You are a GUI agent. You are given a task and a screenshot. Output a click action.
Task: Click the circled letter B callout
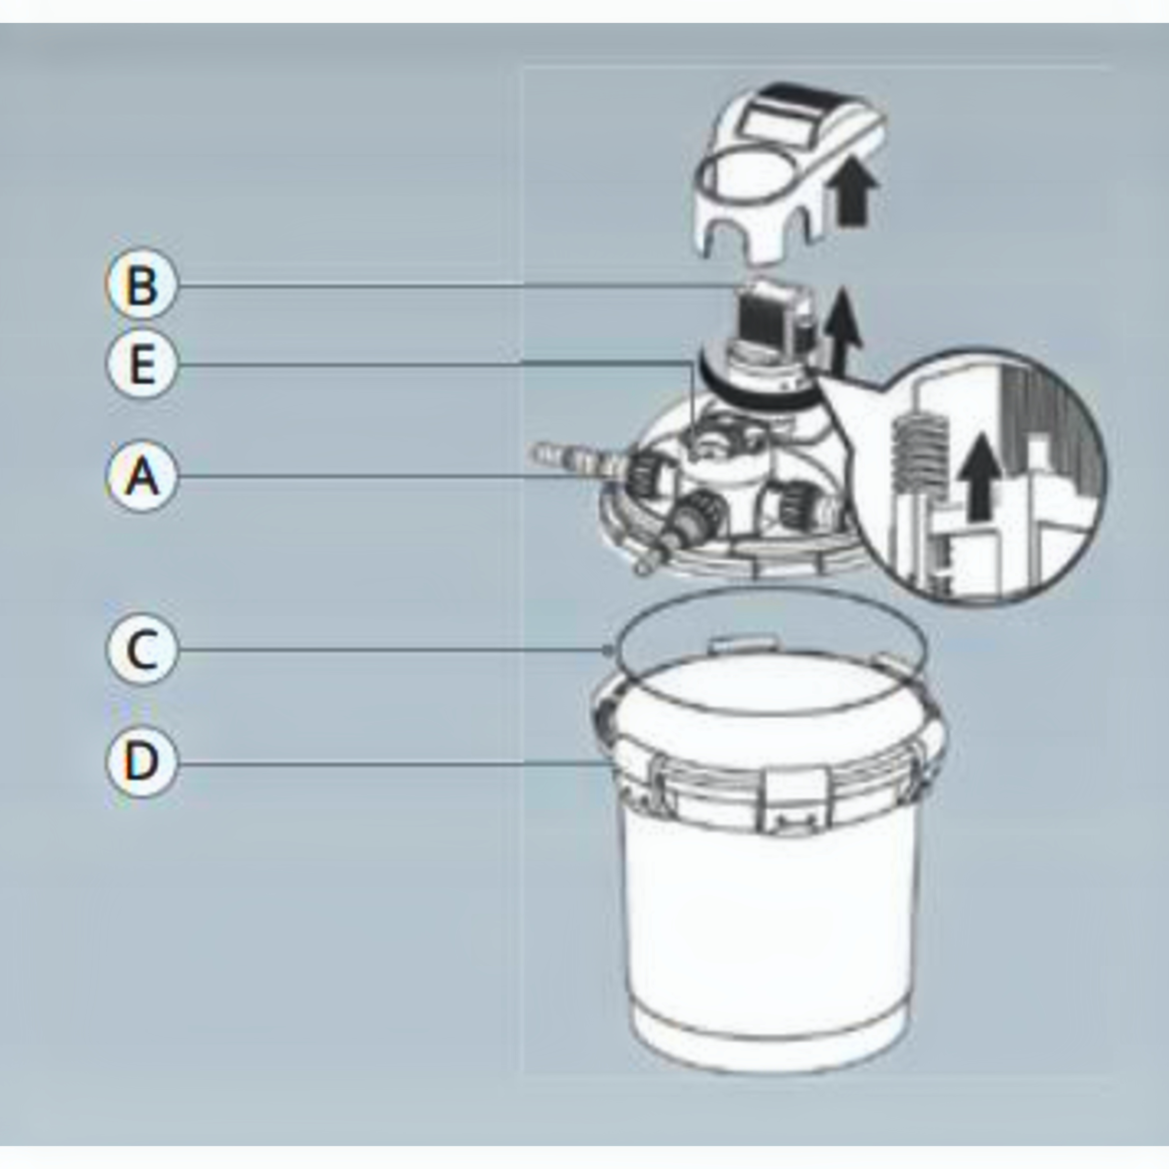(142, 284)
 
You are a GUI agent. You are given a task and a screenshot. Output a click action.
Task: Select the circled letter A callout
(142, 476)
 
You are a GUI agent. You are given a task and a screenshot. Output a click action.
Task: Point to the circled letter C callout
(142, 649)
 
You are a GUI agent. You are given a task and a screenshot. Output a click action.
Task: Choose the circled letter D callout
(142, 761)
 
